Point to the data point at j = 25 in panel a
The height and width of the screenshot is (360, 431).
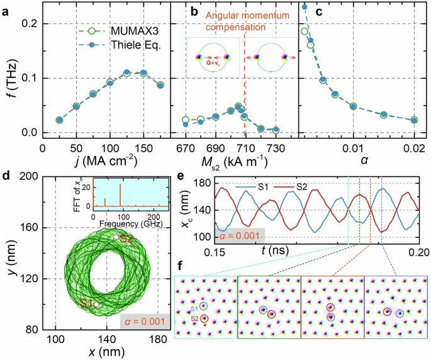[x=60, y=120]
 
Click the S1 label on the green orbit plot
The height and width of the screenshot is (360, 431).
[x=87, y=304]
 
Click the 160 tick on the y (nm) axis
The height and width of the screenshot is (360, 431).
[x=43, y=227]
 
